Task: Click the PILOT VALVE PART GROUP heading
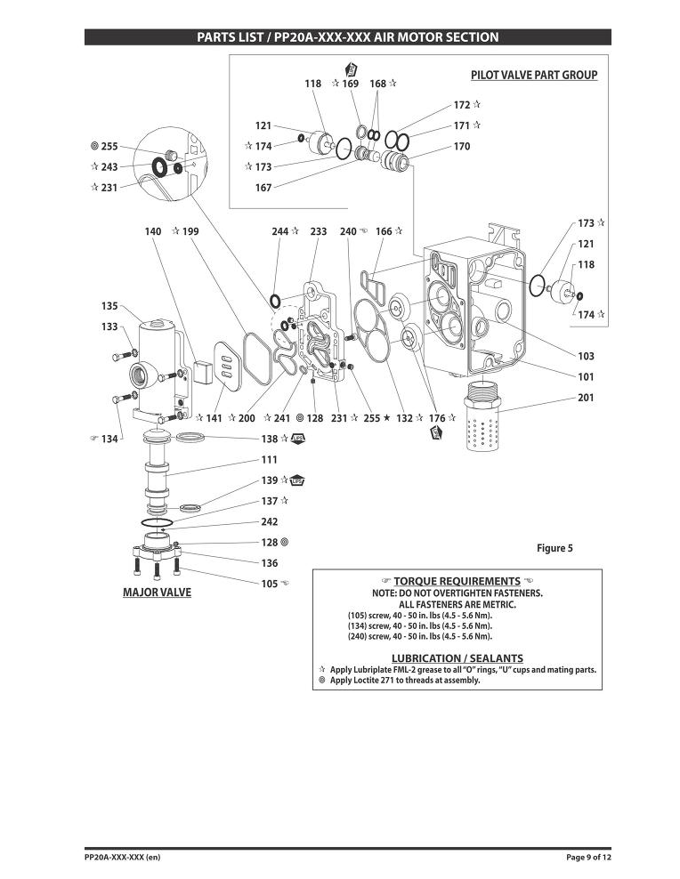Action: pyautogui.click(x=534, y=75)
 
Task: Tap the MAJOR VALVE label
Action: pyautogui.click(x=157, y=593)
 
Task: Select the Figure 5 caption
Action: pyautogui.click(x=555, y=548)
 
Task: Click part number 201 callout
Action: pyautogui.click(x=586, y=398)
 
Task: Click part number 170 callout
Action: pyautogui.click(x=462, y=146)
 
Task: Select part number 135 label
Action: pyautogui.click(x=109, y=306)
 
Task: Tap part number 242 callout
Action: pyautogui.click(x=270, y=522)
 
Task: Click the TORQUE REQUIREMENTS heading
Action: pyautogui.click(x=457, y=581)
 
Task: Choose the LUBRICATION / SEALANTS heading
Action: pyautogui.click(x=457, y=658)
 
